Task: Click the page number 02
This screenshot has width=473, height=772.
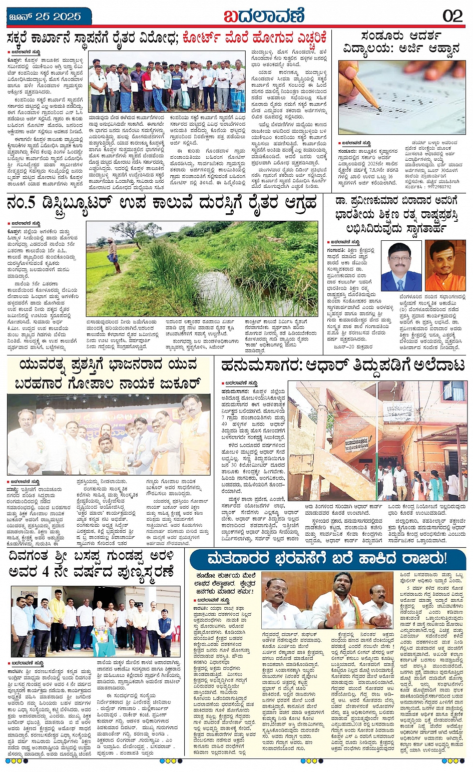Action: point(452,16)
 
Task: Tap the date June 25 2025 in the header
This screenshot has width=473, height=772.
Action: point(45,17)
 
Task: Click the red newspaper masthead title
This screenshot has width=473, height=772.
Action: point(264,16)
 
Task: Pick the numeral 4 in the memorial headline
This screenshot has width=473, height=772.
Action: point(61,571)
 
